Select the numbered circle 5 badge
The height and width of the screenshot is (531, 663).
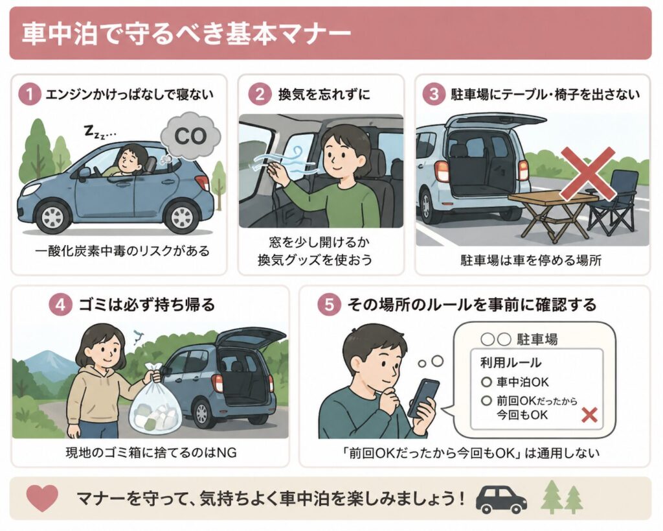coord(329,304)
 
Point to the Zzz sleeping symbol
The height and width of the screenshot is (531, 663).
coord(98,133)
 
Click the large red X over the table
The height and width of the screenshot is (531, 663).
coord(587,172)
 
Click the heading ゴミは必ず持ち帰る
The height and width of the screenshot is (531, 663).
coord(145,304)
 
